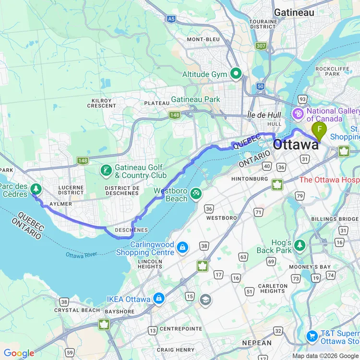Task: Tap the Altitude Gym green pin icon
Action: point(236,74)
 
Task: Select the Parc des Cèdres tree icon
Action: point(36,188)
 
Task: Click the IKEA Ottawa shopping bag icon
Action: point(159,299)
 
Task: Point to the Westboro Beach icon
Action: point(195,194)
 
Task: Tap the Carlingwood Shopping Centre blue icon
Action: point(182,248)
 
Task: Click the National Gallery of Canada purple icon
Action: point(298,114)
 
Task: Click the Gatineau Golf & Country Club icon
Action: point(105,170)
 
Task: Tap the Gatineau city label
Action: point(294,12)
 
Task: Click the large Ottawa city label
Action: point(296,144)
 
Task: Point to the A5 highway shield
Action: point(171,19)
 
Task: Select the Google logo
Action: point(19,353)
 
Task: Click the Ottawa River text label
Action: point(81,254)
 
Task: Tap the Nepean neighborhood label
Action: point(256,343)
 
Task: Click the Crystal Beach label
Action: point(77,310)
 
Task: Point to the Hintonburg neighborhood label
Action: point(249,179)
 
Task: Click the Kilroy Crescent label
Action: point(101,103)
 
